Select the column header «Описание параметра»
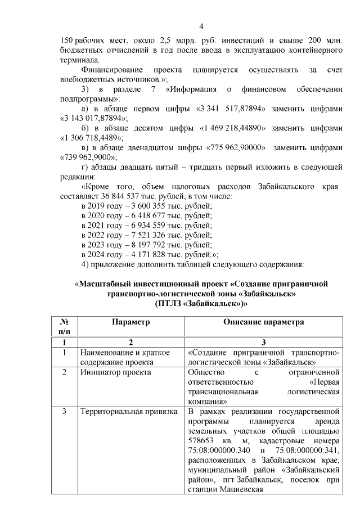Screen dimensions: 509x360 (263, 322)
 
